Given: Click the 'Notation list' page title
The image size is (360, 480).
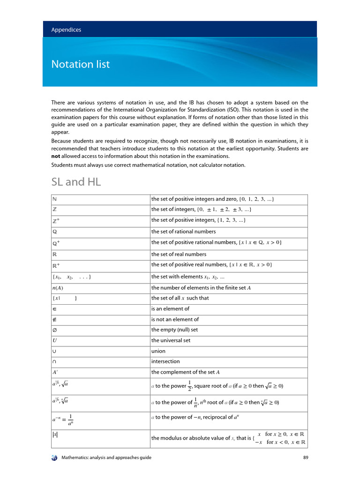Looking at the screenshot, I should (x=80, y=64).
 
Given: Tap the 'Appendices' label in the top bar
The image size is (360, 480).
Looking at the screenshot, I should (x=66, y=30).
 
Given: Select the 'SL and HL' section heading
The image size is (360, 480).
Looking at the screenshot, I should (x=76, y=182).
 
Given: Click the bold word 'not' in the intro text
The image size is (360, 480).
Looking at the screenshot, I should (x=57, y=156).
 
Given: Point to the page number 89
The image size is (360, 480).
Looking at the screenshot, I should (x=305, y=457).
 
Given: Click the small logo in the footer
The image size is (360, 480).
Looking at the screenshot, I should (x=54, y=457).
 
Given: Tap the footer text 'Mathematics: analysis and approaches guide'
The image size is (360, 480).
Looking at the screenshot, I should (x=106, y=457).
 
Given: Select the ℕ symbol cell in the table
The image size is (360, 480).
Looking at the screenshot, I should (x=54, y=200).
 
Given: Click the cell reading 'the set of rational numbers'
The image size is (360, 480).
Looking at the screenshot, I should (x=183, y=231).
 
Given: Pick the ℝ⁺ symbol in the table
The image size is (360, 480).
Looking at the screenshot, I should (x=56, y=265).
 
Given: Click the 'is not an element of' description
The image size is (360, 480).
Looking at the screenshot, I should (x=175, y=319).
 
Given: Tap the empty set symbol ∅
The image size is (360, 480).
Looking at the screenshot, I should (x=54, y=330).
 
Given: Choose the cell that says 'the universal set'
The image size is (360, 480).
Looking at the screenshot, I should (x=171, y=340).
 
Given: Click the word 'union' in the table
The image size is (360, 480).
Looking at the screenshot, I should (x=158, y=351).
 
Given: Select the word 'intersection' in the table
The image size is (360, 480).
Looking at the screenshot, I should (x=165, y=361).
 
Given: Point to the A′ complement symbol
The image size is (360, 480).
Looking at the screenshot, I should (x=55, y=372).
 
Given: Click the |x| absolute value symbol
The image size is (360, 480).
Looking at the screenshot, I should (x=55, y=435).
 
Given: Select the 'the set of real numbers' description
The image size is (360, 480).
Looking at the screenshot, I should (x=179, y=254).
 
